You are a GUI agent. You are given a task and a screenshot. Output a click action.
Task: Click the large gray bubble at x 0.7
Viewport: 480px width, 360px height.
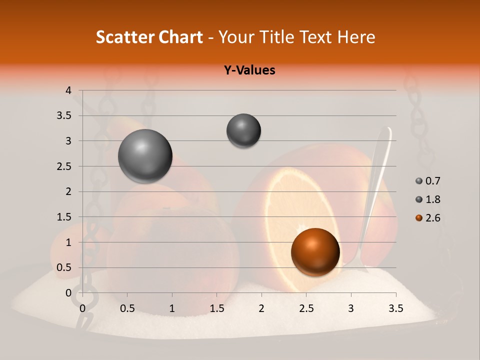pos(145,156)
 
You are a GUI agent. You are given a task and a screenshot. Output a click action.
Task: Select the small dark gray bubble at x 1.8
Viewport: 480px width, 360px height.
pos(243,130)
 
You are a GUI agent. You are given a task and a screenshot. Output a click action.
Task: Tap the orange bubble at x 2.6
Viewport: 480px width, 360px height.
pos(315,251)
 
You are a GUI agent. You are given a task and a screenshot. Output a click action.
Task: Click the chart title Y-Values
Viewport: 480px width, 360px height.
pos(249,70)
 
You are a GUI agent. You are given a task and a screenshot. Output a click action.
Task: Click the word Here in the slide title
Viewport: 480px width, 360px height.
pos(356,37)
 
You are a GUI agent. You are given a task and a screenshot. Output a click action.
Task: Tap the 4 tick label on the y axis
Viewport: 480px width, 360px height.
pos(68,90)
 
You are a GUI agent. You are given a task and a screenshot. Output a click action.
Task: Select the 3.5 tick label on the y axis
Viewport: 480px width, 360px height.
pos(64,116)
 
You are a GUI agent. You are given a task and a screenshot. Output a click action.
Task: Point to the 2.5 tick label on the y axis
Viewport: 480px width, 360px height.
pos(64,166)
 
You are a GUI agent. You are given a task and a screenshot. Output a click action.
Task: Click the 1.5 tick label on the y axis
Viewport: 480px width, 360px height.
pos(64,217)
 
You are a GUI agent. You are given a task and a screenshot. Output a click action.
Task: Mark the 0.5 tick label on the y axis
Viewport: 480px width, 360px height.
pos(64,268)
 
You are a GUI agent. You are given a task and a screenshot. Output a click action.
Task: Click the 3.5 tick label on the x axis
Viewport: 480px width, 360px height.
pos(395,308)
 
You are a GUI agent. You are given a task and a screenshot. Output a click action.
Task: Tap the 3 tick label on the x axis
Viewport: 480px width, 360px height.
pos(351,308)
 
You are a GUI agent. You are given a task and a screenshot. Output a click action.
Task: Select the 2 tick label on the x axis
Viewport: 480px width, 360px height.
pos(261,308)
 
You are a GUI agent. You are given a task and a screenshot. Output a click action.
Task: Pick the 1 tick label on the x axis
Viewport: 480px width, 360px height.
pos(172,308)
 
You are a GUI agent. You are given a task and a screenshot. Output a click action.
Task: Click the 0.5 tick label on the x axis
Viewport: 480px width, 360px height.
pos(127,308)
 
